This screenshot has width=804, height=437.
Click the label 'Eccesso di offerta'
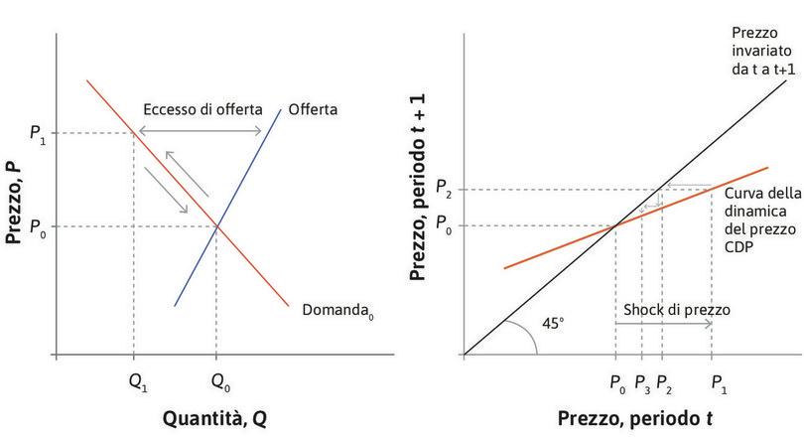coord(200,109)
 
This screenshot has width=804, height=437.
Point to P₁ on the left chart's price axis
coord(38,133)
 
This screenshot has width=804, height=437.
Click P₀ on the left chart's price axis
coord(38,227)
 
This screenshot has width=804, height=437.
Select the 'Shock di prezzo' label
coord(676,310)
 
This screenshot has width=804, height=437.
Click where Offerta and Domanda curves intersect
coord(217,226)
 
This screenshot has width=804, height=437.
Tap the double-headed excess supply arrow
coord(200,132)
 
